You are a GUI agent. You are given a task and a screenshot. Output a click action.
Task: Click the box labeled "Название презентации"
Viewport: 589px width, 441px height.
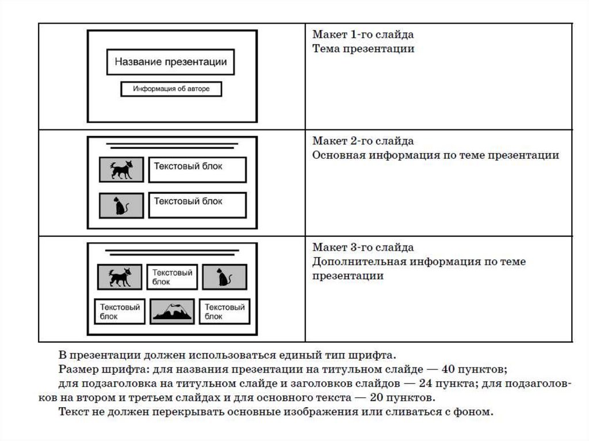(170, 62)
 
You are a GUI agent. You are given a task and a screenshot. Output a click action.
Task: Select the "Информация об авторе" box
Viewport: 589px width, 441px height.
(171, 89)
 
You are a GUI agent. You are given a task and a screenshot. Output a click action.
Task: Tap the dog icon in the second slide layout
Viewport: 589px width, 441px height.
(121, 170)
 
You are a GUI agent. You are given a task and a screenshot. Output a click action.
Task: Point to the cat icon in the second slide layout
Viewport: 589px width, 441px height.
(121, 205)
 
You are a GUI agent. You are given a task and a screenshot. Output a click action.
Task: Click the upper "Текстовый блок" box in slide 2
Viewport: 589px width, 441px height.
(197, 169)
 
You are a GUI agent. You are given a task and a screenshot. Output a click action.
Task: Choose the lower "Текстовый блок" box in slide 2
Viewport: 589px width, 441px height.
(197, 205)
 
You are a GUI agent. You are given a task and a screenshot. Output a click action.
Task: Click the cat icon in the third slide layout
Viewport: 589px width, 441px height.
(224, 277)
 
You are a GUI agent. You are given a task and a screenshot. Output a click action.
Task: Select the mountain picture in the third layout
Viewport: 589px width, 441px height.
(173, 311)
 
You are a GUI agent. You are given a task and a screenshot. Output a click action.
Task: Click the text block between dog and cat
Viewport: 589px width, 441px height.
(172, 277)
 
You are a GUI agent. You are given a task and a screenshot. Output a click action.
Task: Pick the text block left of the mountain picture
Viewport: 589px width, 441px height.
(120, 311)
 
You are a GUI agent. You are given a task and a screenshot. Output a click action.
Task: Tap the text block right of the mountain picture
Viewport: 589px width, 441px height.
(225, 311)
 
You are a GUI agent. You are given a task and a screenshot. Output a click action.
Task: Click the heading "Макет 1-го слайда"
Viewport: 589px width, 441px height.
(363, 35)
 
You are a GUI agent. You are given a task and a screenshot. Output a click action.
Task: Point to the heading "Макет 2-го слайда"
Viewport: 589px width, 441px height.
(363, 141)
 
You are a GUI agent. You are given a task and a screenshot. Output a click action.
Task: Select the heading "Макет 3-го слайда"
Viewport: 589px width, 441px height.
(363, 247)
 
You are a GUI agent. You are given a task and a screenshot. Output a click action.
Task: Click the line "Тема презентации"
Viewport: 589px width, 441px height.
(363, 49)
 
